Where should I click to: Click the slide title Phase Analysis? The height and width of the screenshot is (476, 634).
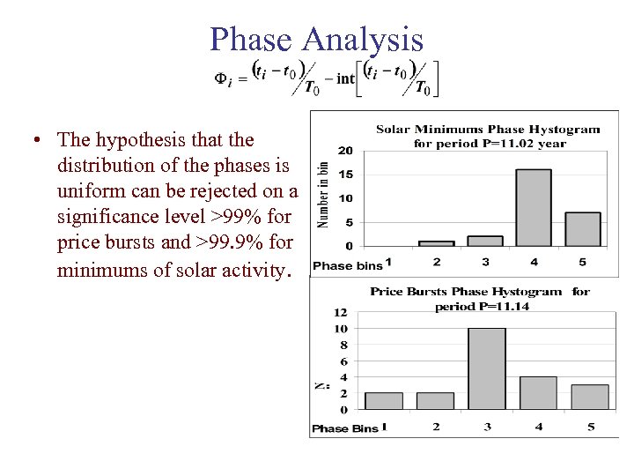click(x=316, y=39)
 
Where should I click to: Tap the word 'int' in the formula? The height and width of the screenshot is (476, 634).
click(x=345, y=78)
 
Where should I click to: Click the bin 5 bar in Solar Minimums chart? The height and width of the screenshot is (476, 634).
click(x=582, y=228)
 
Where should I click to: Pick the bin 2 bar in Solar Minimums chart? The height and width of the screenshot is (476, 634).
click(x=436, y=242)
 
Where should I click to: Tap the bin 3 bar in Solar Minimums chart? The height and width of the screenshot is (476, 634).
click(x=484, y=241)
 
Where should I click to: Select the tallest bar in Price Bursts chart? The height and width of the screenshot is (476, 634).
click(x=486, y=368)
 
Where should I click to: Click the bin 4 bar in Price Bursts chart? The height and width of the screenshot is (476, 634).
click(x=538, y=393)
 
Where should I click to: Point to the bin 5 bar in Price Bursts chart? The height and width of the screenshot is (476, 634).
click(x=590, y=397)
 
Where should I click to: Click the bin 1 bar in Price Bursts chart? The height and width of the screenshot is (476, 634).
click(x=383, y=401)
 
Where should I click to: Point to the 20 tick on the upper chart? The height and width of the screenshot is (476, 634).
click(x=347, y=150)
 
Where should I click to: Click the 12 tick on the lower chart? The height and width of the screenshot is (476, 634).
click(x=341, y=312)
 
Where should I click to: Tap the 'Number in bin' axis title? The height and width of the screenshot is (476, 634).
click(x=323, y=194)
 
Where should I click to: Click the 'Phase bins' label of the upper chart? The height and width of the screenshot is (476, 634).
click(x=347, y=265)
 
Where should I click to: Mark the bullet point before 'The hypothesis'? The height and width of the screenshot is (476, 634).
click(x=32, y=141)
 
